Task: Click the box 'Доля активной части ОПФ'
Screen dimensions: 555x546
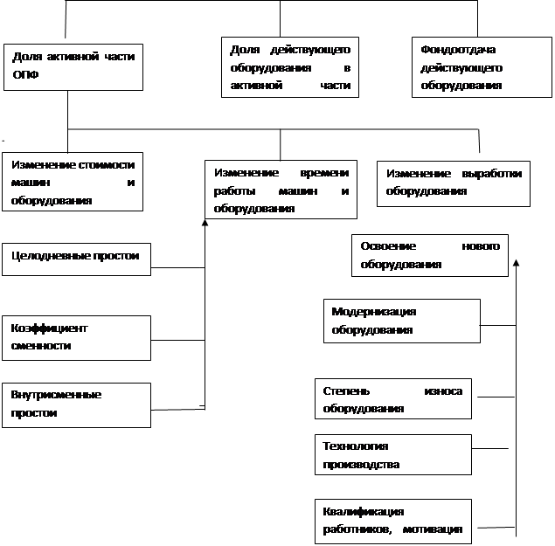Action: (73, 67)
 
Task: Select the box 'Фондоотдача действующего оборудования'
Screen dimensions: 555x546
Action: (482, 67)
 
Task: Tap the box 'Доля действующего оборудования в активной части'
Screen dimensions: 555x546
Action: (290, 67)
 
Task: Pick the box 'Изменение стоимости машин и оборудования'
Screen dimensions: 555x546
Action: (73, 182)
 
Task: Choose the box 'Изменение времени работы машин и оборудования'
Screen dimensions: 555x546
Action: (281, 190)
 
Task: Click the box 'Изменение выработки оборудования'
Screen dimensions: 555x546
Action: (454, 184)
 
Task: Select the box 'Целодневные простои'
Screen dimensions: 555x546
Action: (76, 259)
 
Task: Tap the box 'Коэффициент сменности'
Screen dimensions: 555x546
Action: (76, 338)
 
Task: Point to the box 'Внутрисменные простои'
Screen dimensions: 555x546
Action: (76, 405)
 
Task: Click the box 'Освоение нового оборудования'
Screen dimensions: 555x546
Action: (430, 255)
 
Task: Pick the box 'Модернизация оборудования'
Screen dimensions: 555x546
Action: (402, 321)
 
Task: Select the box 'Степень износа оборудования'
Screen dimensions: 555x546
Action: (393, 398)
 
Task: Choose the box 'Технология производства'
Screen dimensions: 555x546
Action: (393, 454)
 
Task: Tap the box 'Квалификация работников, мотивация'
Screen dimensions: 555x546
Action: (393, 522)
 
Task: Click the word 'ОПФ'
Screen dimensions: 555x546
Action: (25, 74)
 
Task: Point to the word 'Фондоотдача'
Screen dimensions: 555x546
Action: (458, 50)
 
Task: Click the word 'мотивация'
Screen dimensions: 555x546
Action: (433, 529)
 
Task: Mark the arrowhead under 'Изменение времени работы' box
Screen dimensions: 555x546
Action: (205, 223)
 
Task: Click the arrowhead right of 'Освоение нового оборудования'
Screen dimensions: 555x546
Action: (516, 263)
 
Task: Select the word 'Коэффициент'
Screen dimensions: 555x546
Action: (49, 328)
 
